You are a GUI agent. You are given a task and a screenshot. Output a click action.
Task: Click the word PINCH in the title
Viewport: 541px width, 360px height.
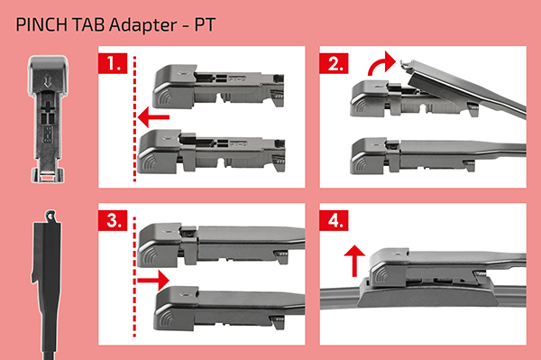[41, 25]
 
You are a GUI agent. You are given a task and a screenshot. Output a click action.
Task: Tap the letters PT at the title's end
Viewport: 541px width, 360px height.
[205, 25]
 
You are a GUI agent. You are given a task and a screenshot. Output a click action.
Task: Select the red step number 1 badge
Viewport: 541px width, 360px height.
[113, 63]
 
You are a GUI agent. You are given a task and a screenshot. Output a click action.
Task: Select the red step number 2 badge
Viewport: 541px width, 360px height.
[334, 63]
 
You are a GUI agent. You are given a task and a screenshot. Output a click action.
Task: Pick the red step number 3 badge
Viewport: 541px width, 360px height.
[113, 220]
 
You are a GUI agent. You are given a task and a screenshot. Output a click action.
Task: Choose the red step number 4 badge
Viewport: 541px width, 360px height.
[334, 220]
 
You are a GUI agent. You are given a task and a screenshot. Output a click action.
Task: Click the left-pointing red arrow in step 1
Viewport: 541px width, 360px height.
[153, 117]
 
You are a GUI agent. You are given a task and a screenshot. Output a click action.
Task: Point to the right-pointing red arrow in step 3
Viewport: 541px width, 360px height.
[153, 280]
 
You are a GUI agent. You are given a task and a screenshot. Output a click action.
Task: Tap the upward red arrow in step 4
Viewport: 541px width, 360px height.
[354, 261]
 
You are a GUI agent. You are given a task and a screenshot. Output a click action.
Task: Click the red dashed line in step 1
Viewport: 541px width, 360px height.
[134, 119]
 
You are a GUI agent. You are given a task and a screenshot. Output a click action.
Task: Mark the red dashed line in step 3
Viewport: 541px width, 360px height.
[134, 277]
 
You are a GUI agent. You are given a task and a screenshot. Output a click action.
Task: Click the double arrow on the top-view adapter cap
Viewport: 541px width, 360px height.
[48, 82]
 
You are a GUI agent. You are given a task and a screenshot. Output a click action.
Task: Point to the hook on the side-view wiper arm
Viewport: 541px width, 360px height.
[50, 216]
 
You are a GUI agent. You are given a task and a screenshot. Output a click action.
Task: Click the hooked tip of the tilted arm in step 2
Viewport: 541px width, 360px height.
[407, 66]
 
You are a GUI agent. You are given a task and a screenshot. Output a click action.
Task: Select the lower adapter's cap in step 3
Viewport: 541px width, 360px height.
[177, 308]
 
